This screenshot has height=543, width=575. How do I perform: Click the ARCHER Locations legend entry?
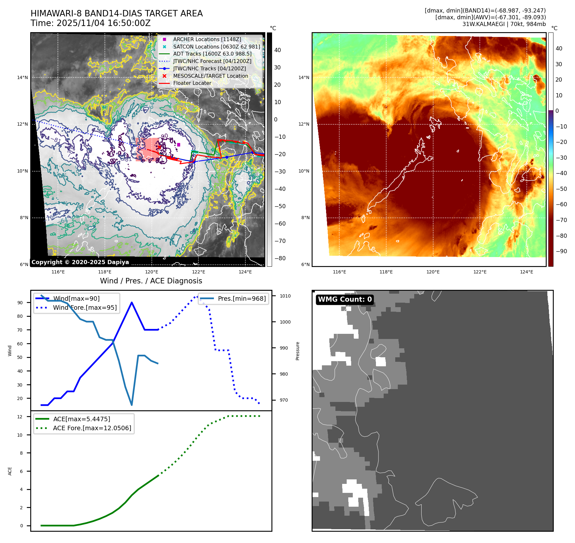click(x=207, y=39)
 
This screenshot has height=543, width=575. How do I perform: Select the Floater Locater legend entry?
click(x=192, y=83)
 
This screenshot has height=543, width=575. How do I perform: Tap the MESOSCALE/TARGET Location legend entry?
click(x=210, y=76)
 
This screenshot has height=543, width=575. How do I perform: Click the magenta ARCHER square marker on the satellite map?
click(x=178, y=145)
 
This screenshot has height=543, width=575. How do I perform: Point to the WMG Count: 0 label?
click(x=345, y=299)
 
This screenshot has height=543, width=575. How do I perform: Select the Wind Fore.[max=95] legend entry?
click(x=85, y=307)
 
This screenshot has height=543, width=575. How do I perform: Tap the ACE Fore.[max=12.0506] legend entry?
click(x=92, y=428)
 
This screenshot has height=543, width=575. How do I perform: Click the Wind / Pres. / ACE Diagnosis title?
click(x=151, y=281)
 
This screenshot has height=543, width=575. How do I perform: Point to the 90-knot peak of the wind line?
click(x=132, y=302)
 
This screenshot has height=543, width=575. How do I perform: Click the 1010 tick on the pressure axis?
click(x=285, y=296)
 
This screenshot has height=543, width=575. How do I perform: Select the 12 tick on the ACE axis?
click(x=20, y=417)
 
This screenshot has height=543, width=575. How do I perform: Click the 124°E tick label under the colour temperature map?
click(x=526, y=272)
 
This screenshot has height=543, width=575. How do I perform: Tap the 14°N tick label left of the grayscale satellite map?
click(x=23, y=77)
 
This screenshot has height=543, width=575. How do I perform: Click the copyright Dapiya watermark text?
click(x=80, y=262)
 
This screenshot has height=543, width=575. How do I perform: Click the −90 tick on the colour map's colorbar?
click(x=561, y=251)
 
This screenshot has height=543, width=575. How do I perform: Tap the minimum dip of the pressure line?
click(x=132, y=405)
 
